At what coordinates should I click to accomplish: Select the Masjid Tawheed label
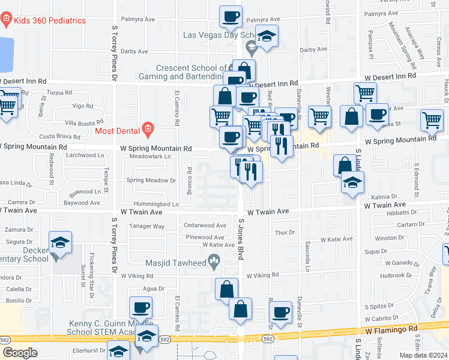(175, 262)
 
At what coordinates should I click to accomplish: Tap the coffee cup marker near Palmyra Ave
(231, 17)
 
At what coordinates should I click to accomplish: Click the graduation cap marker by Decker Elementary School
(60, 242)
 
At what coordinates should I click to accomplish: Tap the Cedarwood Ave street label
(205, 226)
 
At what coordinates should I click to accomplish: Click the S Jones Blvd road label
(241, 239)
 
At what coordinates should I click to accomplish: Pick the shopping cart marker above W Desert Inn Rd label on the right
(365, 94)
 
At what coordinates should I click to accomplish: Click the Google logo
(20, 353)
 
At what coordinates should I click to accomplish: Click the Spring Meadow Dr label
(151, 180)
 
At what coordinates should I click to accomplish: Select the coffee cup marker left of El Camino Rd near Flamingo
(141, 308)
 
